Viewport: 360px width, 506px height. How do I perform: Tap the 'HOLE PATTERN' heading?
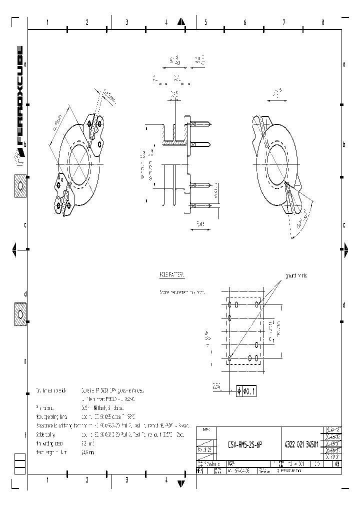tap(171, 275)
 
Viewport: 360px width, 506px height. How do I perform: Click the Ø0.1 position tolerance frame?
tap(245, 391)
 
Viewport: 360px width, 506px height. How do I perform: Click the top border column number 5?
tap(205, 22)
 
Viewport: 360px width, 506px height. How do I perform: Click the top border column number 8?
tap(323, 22)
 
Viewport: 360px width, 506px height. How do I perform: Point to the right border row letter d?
tap(343, 305)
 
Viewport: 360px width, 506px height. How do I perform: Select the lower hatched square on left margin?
tap(20, 313)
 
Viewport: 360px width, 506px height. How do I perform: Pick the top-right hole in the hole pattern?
tap(257, 303)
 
